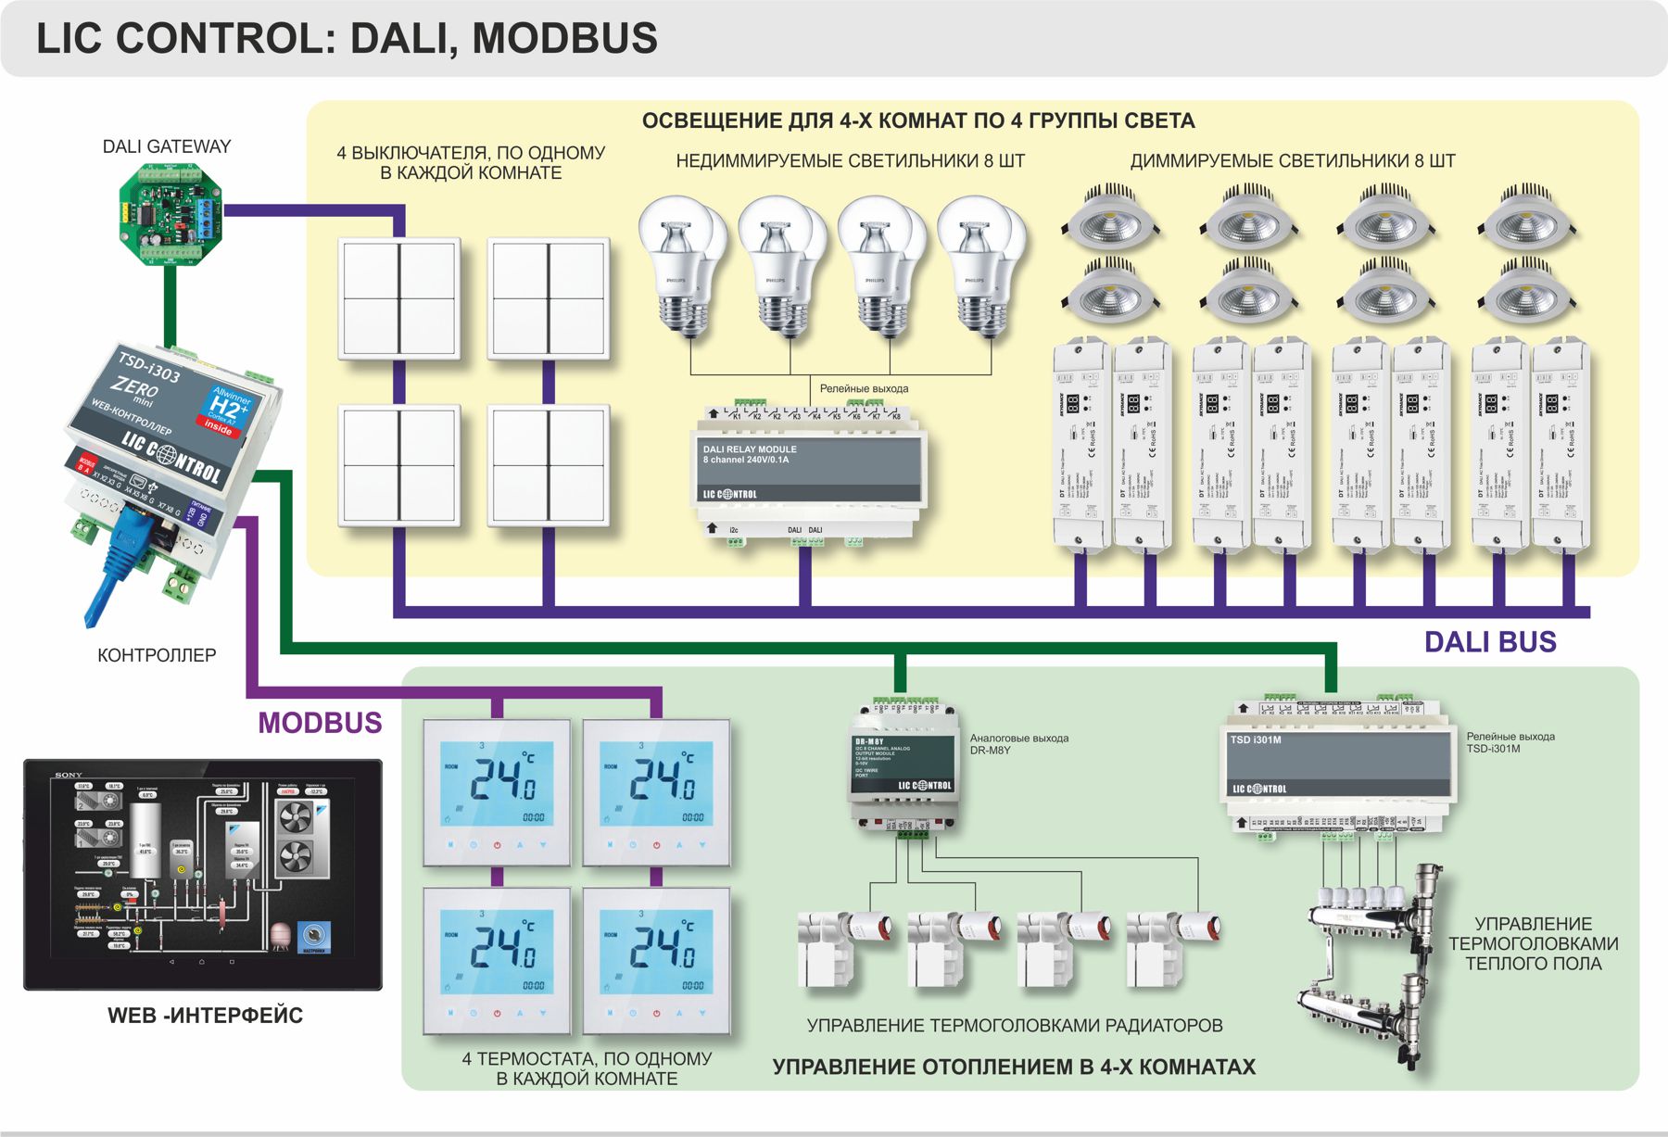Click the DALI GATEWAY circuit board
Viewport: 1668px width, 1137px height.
171,215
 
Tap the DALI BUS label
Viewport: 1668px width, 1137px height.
1489,642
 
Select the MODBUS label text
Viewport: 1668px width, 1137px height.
320,723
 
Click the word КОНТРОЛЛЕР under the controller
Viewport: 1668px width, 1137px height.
157,655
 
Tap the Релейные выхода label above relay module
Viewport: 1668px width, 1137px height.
864,388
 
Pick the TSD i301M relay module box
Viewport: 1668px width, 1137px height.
1338,765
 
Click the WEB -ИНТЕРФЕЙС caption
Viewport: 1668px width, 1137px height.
205,1016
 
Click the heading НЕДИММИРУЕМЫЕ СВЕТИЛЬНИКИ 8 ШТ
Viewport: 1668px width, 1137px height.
850,161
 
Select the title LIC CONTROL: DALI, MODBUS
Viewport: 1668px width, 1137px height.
347,39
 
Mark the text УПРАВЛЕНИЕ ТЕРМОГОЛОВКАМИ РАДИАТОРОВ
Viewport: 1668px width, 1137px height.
1014,1026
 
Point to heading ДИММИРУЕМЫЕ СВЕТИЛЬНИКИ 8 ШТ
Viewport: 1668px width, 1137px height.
1292,161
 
